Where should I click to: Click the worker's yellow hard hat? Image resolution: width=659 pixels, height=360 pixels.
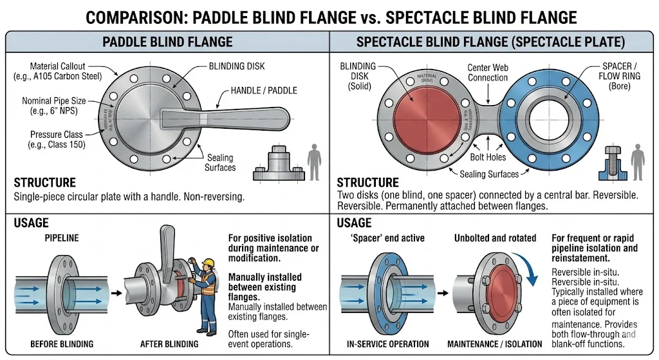click(x=207, y=263)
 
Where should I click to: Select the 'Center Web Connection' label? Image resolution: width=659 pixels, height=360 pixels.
click(x=487, y=73)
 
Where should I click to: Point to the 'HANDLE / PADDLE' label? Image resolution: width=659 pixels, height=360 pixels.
click(x=264, y=91)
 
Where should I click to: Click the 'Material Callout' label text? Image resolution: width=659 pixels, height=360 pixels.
click(x=66, y=71)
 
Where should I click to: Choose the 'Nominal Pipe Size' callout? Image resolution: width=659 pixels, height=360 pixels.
click(x=53, y=106)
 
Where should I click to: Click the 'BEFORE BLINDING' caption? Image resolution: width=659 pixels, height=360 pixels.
click(x=62, y=345)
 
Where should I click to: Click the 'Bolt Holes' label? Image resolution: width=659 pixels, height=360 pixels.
click(x=487, y=157)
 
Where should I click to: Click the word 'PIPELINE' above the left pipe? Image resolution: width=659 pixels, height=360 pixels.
click(x=61, y=238)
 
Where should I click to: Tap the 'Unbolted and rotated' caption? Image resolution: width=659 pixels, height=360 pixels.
click(x=496, y=238)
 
